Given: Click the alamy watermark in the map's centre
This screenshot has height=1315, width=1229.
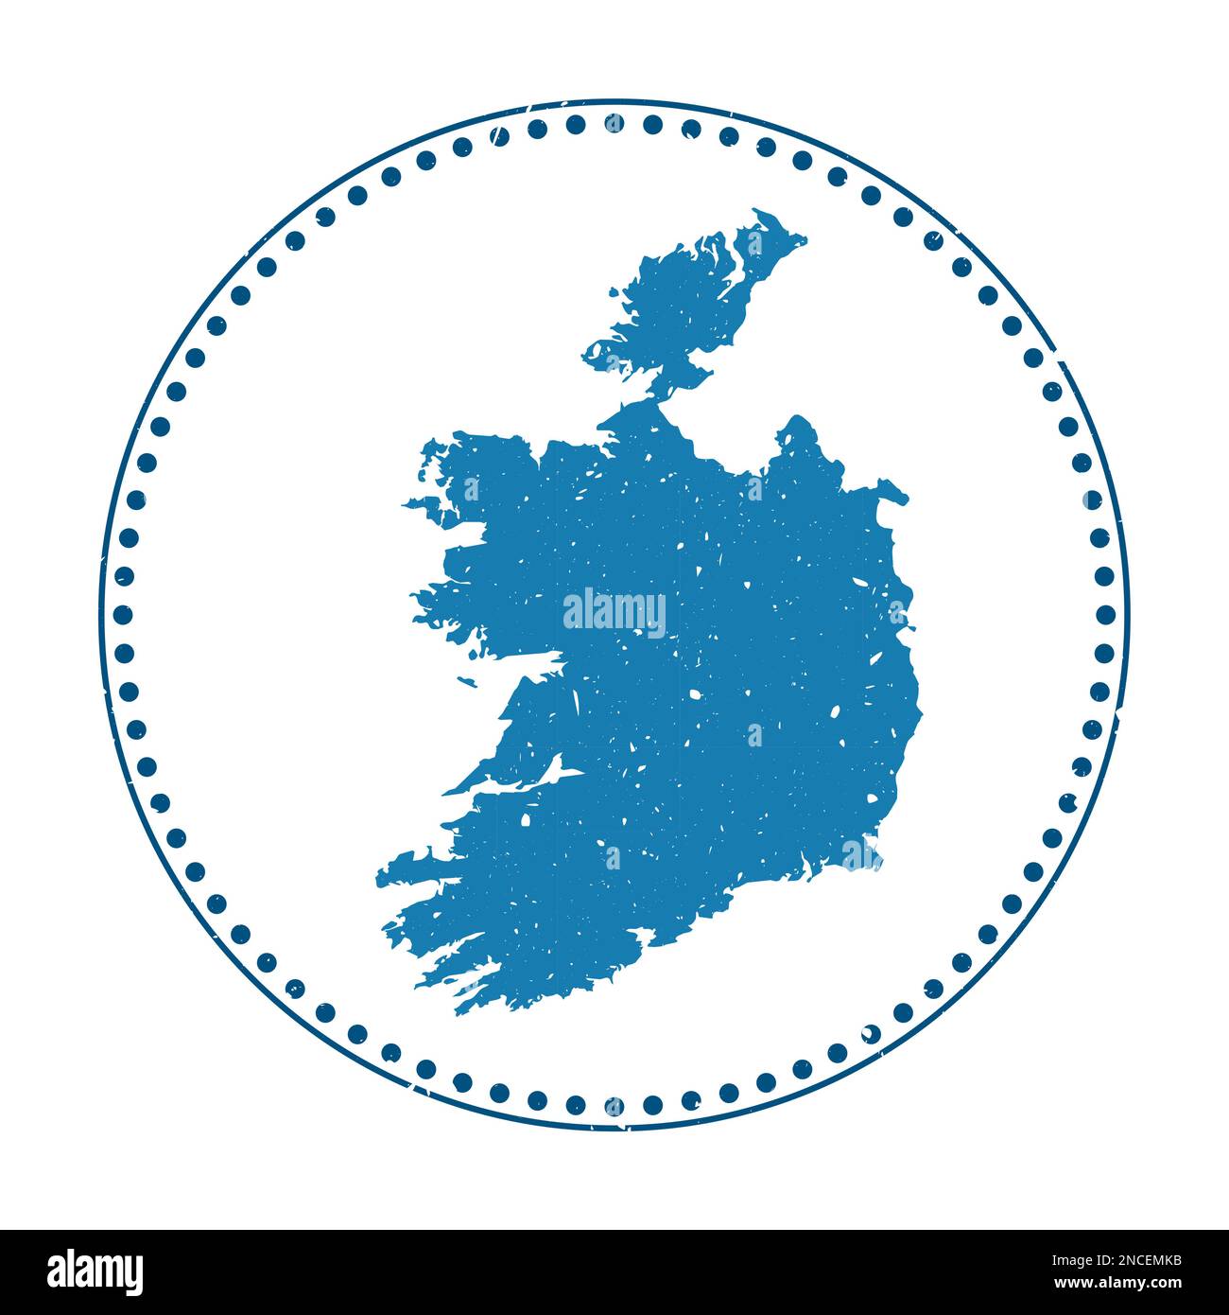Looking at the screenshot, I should [x=614, y=612].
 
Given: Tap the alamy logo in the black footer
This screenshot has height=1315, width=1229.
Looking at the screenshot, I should [x=95, y=1271].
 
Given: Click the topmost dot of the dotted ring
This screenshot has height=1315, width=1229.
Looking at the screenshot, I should [x=614, y=123].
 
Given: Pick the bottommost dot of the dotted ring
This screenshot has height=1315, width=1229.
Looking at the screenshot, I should [x=614, y=1105].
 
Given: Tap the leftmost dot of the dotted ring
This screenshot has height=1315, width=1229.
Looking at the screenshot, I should [x=123, y=614].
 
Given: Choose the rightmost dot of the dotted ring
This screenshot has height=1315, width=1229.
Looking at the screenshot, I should [x=1105, y=614].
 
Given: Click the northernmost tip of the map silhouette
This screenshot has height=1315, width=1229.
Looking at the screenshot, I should [x=756, y=212].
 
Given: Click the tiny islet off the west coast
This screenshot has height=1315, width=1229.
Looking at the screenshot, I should [x=464, y=679].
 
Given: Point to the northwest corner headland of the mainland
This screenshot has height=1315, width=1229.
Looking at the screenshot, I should [x=430, y=445].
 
